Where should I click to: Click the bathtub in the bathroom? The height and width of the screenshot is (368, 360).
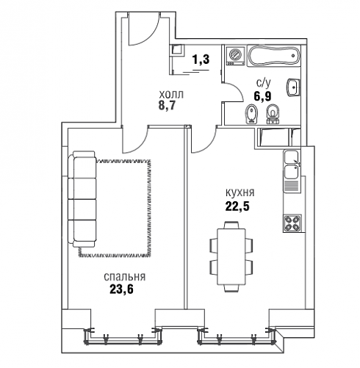click(274, 56)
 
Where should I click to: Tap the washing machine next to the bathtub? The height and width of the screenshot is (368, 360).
click(236, 56)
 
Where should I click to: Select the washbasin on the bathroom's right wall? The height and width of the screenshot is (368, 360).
click(293, 87)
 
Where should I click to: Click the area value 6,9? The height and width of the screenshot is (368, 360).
click(262, 96)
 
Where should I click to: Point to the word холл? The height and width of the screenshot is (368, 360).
click(171, 95)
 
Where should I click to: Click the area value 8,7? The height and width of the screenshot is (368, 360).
click(167, 106)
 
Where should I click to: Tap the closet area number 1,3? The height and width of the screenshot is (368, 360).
click(201, 59)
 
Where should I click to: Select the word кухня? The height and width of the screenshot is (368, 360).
click(240, 192)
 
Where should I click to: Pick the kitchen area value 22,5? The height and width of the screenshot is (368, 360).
click(237, 206)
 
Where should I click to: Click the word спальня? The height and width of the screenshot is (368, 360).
click(124, 277)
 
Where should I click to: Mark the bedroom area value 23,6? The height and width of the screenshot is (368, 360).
click(121, 289)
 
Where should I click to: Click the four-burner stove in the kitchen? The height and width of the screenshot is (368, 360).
click(292, 223)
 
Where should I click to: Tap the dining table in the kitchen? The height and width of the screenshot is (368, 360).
click(231, 256)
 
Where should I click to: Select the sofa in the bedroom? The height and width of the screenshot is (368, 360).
click(82, 199)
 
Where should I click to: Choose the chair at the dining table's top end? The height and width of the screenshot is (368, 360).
click(231, 225)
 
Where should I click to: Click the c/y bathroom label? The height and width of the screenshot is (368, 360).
click(264, 84)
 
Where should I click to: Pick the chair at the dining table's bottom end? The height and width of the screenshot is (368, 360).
click(231, 289)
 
